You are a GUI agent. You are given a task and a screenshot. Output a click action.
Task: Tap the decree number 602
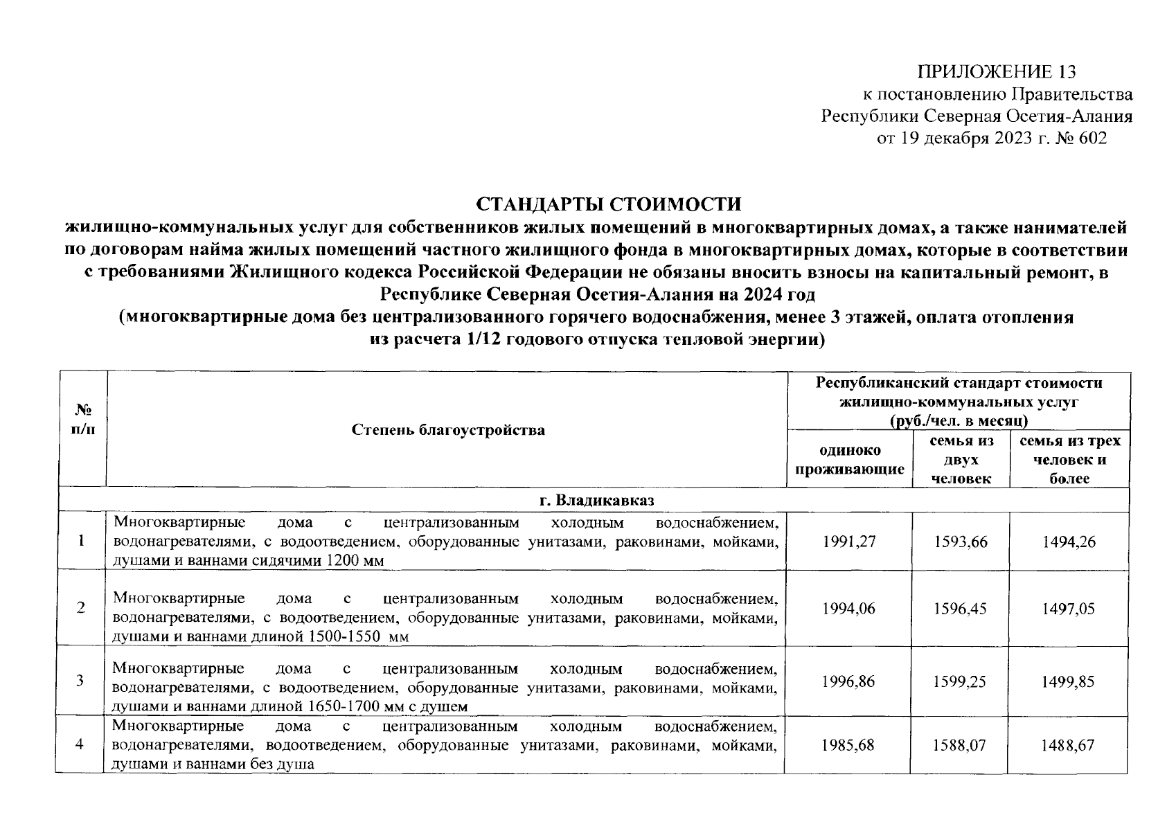1093,138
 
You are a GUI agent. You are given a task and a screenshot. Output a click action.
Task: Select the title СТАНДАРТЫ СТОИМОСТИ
608,204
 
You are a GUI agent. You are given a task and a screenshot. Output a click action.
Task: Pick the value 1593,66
959,542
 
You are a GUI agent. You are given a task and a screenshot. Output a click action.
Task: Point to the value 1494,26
1069,542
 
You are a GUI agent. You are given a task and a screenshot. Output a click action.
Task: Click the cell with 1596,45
959,609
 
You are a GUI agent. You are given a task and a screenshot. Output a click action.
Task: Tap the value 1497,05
1069,609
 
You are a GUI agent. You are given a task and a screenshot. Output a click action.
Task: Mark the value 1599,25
959,681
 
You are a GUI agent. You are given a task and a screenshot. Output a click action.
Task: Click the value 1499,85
1069,681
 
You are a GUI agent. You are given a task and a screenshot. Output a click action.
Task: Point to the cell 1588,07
959,746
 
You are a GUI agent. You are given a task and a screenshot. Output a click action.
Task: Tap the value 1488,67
1069,746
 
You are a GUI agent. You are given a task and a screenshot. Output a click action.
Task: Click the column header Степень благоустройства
448,430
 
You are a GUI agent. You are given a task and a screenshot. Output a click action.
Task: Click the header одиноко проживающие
849,460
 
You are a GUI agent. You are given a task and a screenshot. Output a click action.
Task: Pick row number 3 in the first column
80,681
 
